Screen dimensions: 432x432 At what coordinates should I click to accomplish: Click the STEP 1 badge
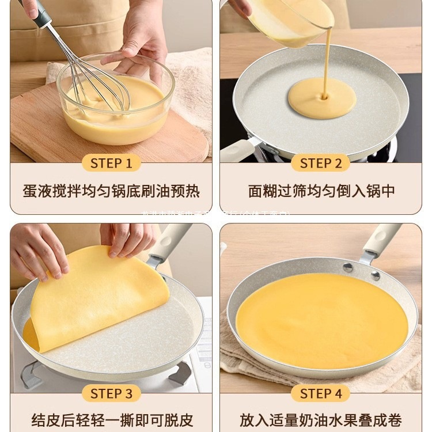(111, 163)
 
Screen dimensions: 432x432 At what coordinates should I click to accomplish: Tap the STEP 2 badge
(321, 163)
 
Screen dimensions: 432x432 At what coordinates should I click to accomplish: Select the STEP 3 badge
(111, 393)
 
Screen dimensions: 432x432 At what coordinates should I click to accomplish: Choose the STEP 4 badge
(321, 393)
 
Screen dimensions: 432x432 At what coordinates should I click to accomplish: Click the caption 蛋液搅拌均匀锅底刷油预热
(111, 191)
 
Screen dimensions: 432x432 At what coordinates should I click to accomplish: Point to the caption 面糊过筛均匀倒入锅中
(321, 191)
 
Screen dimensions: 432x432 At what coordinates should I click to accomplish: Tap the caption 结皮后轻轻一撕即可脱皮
(111, 420)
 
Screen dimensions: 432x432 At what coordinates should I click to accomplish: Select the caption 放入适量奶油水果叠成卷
(321, 420)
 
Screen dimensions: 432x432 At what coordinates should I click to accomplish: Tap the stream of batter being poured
(327, 58)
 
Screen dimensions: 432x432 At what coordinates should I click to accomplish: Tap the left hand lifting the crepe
(37, 251)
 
